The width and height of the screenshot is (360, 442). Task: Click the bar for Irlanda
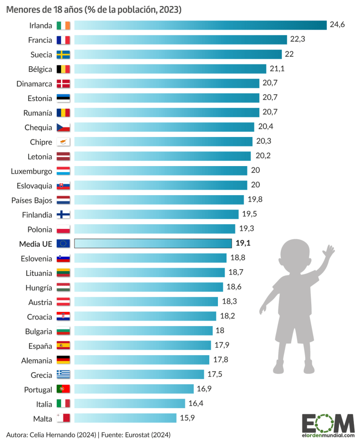200,25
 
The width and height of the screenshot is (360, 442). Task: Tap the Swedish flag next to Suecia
63,54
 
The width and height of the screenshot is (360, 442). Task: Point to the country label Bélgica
40,69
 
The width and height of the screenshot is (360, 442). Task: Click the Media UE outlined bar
153,244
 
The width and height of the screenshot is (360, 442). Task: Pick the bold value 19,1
243,244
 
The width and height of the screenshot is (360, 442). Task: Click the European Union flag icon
63,244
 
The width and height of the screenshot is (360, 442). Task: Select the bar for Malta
125,418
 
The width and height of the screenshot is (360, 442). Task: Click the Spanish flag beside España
63,345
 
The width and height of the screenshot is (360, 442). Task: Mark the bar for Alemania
142,360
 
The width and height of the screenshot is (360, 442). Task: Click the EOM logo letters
328,424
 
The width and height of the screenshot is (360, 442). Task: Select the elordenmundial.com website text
328,435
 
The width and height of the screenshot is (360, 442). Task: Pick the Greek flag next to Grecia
63,374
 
